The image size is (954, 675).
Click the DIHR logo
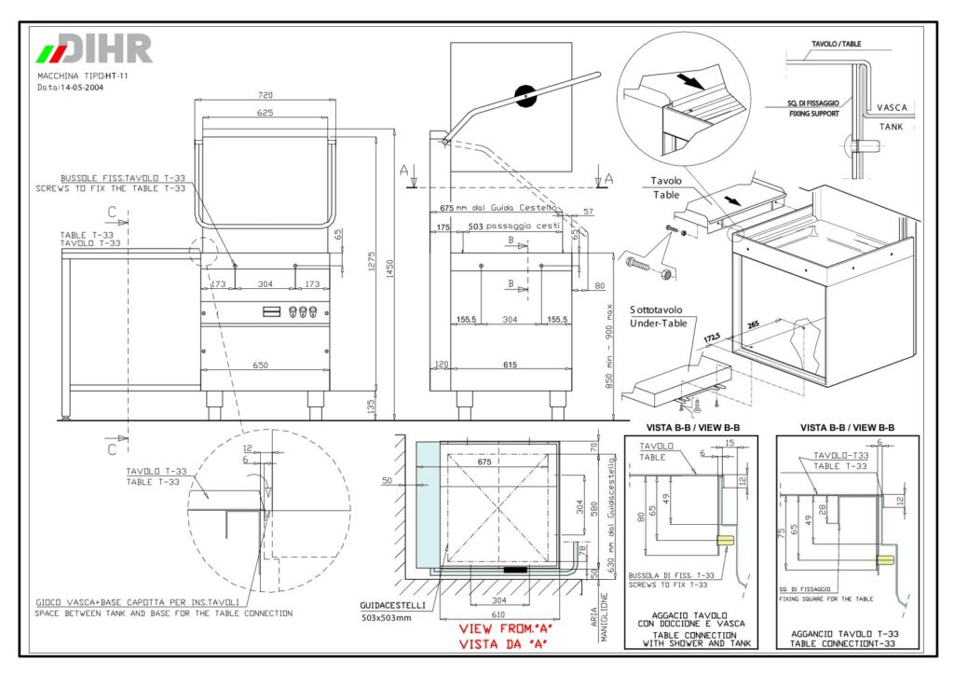pyautogui.click(x=93, y=48)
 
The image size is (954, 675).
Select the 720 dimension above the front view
pyautogui.click(x=266, y=95)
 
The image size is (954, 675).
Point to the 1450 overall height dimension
pyautogui.click(x=392, y=267)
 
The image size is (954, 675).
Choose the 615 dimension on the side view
pyautogui.click(x=510, y=365)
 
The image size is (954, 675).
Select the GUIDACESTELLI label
pyautogui.click(x=392, y=604)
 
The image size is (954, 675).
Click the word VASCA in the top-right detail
pyautogui.click(x=892, y=107)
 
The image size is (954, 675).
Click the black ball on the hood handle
pyautogui.click(x=526, y=94)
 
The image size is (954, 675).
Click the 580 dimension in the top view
pyautogui.click(x=593, y=509)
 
